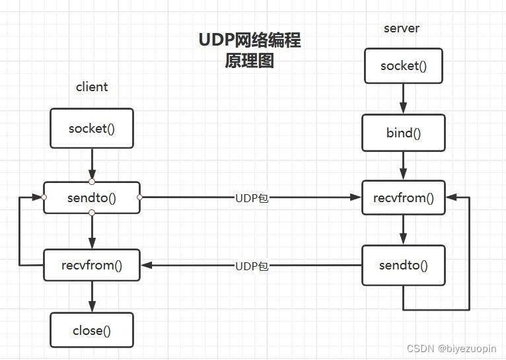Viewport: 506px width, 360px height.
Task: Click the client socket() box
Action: (x=92, y=129)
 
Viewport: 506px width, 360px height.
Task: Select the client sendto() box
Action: (x=92, y=198)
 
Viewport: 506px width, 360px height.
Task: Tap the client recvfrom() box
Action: (x=92, y=266)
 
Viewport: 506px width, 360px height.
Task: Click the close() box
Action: (x=92, y=330)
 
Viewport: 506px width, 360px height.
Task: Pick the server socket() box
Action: (x=403, y=66)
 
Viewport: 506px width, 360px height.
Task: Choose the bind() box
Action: (x=403, y=133)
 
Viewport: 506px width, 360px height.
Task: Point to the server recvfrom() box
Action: (x=403, y=198)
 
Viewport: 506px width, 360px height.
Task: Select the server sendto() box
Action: (x=403, y=266)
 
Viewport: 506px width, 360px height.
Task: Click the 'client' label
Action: (x=92, y=87)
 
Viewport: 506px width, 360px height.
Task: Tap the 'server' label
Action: (x=402, y=28)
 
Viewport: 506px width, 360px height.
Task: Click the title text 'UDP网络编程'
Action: (x=250, y=40)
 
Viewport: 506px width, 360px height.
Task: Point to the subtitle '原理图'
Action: (x=249, y=61)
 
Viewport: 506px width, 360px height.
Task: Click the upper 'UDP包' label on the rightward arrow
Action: (x=252, y=198)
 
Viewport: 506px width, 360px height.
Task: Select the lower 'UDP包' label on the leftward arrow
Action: (x=252, y=266)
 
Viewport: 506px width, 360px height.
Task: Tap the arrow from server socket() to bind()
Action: (x=403, y=98)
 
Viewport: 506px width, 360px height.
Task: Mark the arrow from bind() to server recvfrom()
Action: (x=403, y=165)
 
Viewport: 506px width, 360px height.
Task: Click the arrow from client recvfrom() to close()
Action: (x=92, y=297)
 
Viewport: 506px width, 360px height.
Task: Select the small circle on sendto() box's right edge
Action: (x=140, y=197)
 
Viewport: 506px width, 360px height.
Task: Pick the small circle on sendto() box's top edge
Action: (x=92, y=182)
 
